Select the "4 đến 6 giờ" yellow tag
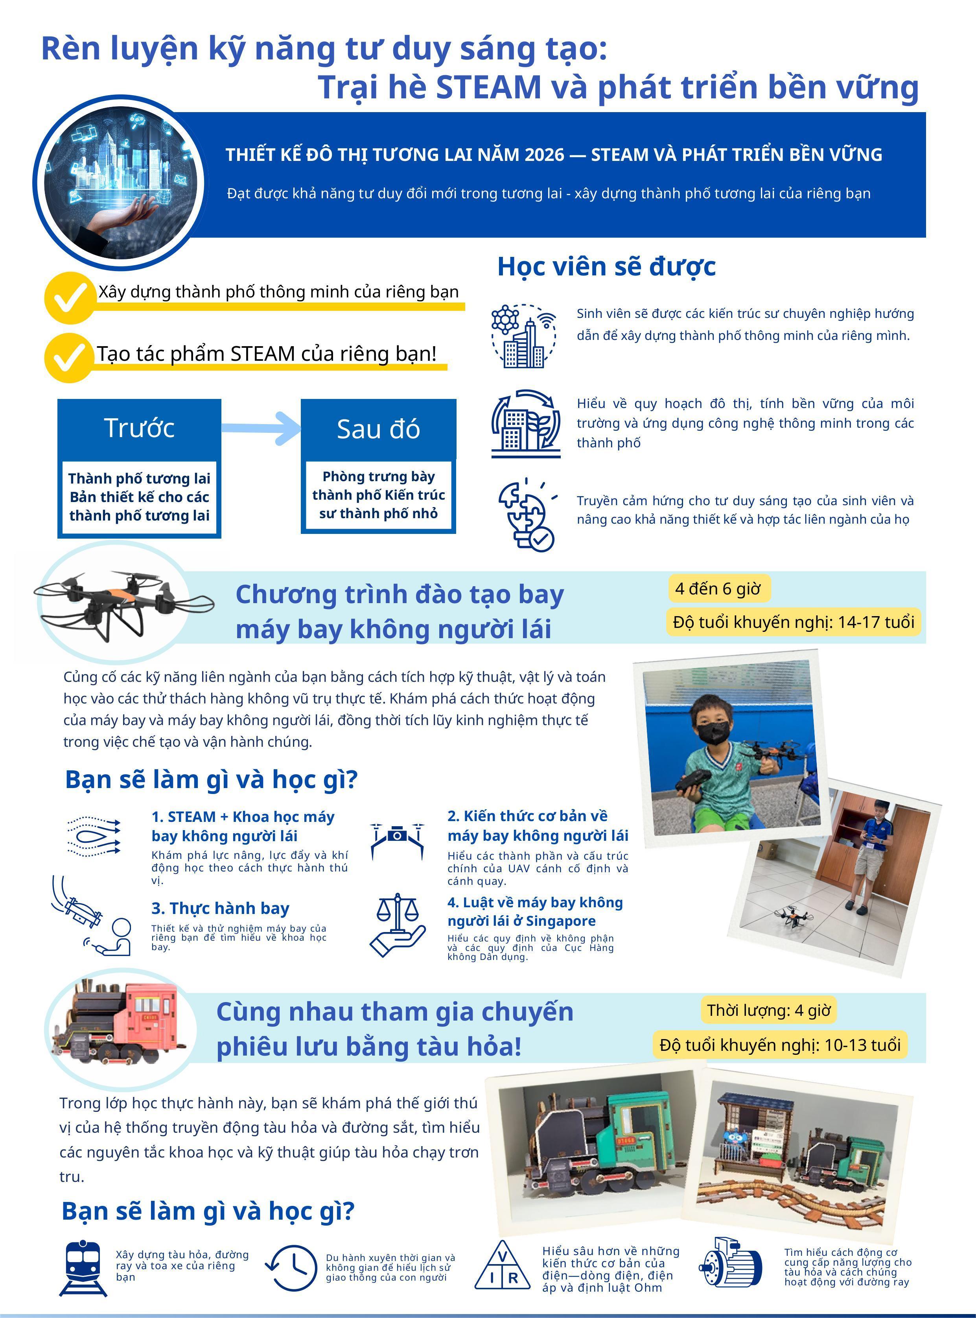tap(718, 589)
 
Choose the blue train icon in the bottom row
tap(83, 1268)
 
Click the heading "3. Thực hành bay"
tap(220, 908)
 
